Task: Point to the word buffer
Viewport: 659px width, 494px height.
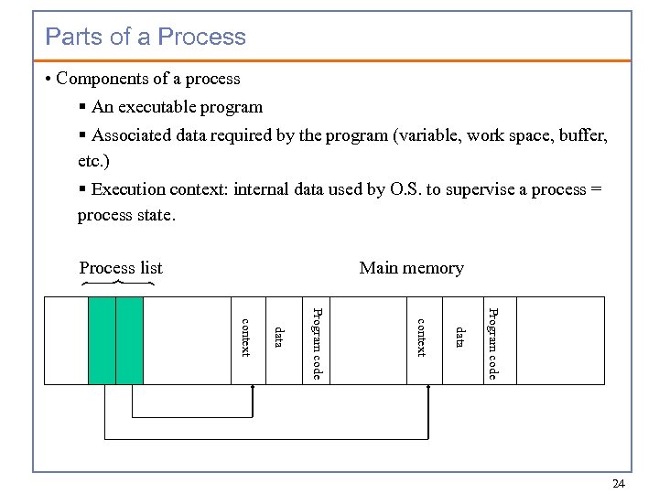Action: (582, 135)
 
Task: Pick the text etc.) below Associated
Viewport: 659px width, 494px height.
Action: (94, 160)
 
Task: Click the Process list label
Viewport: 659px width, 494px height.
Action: (121, 268)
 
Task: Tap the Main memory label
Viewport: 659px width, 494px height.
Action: (411, 268)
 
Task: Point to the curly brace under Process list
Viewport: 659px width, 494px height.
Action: (117, 284)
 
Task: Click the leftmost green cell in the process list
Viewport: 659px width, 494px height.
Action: (102, 340)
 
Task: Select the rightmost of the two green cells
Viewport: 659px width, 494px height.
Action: (130, 340)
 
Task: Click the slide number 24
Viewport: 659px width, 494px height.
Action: (618, 483)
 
